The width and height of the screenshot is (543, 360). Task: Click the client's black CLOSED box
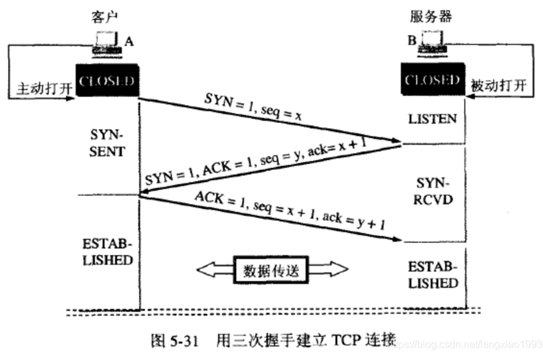click(107, 81)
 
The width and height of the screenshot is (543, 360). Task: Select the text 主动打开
click(38, 87)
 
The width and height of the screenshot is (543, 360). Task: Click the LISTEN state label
click(432, 119)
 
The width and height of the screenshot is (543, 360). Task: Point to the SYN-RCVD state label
click(432, 191)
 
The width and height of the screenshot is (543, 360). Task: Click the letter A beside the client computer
click(128, 41)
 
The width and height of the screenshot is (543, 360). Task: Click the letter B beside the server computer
click(413, 41)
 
